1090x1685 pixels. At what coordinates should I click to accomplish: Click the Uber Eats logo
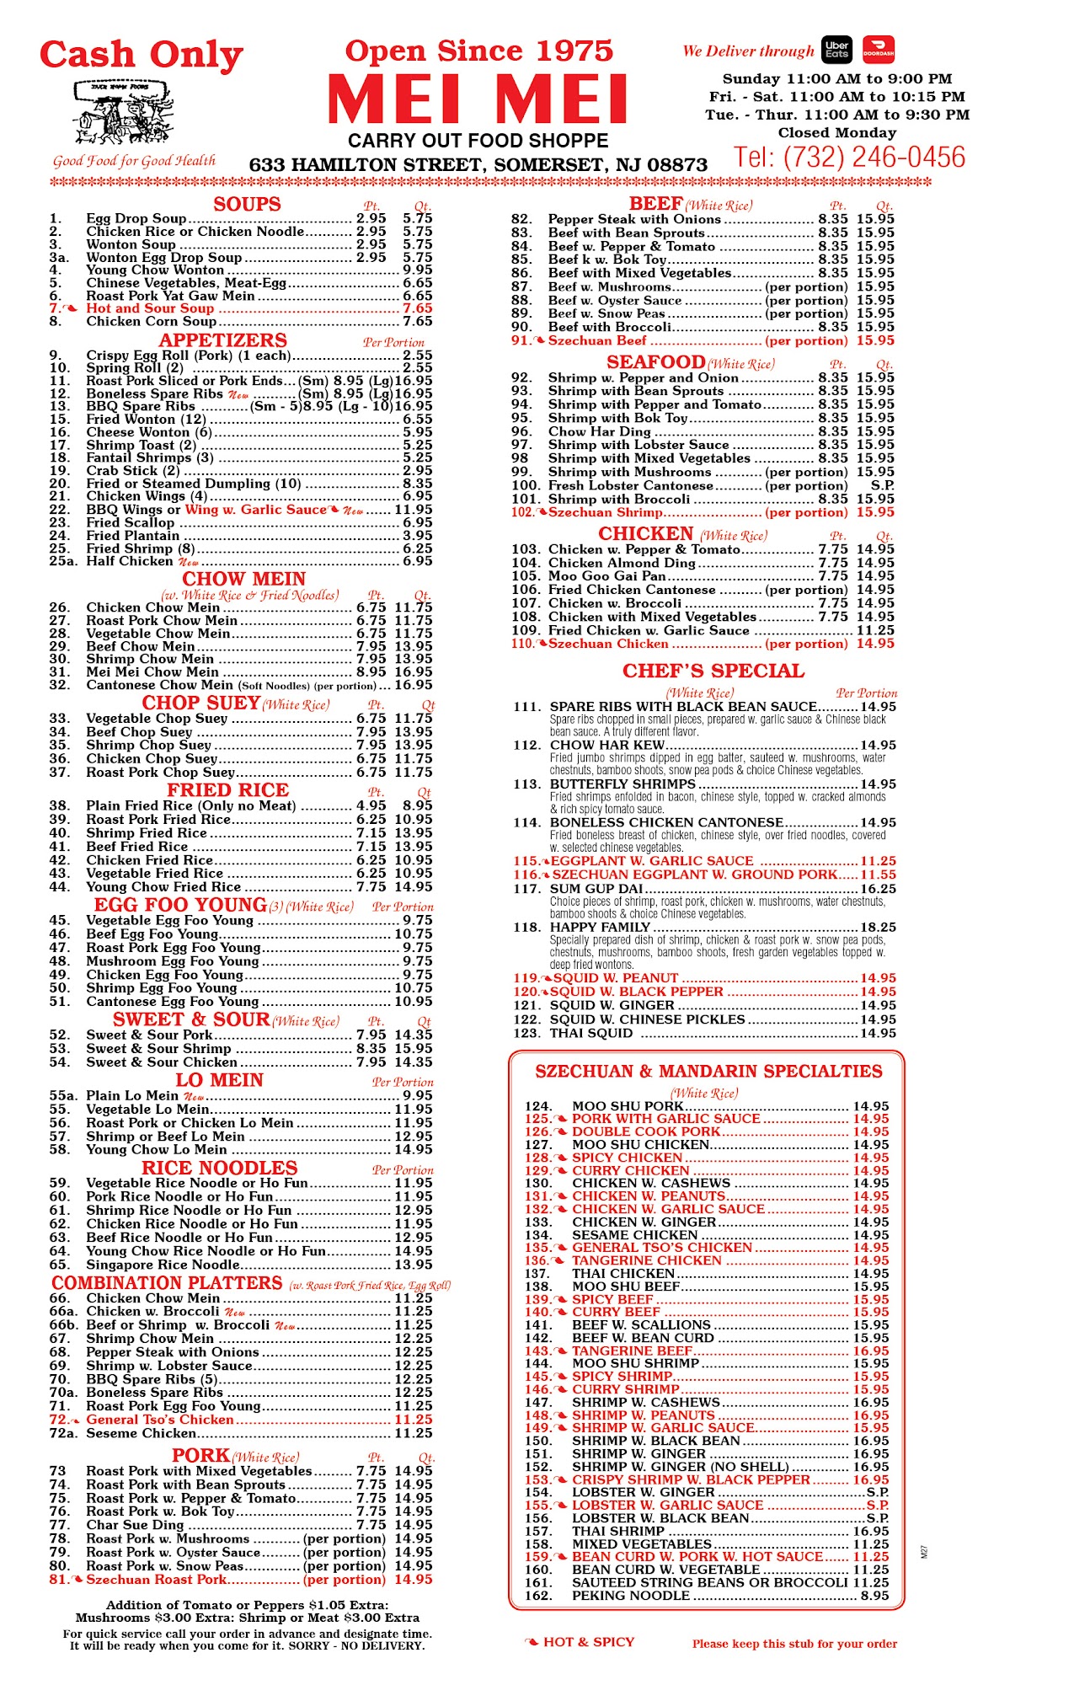(x=836, y=51)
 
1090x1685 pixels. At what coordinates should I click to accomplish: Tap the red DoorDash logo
(x=879, y=51)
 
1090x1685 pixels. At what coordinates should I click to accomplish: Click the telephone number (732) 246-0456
(x=849, y=158)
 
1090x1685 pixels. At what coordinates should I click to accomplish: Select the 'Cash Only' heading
(x=142, y=56)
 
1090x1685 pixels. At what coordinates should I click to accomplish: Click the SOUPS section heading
(x=247, y=204)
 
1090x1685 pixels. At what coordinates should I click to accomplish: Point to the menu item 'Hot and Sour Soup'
(x=150, y=308)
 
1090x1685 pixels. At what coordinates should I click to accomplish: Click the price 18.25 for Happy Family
(x=878, y=927)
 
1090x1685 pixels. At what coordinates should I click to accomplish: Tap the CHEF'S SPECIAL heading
(x=713, y=671)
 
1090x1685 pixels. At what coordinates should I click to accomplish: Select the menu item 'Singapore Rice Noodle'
(x=163, y=1265)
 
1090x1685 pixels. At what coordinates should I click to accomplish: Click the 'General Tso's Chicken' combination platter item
(x=160, y=1420)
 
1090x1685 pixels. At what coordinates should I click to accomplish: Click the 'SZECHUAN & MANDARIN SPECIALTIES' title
(x=708, y=1071)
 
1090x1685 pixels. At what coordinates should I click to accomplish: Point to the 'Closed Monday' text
(x=836, y=132)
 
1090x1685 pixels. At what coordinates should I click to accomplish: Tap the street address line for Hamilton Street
(x=478, y=164)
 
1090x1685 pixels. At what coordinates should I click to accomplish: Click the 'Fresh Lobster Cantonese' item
(x=630, y=485)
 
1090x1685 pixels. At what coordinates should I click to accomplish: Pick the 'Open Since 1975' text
(x=478, y=51)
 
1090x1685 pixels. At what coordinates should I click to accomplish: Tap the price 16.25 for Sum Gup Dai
(x=878, y=888)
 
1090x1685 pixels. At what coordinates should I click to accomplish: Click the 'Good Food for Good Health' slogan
(x=134, y=160)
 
